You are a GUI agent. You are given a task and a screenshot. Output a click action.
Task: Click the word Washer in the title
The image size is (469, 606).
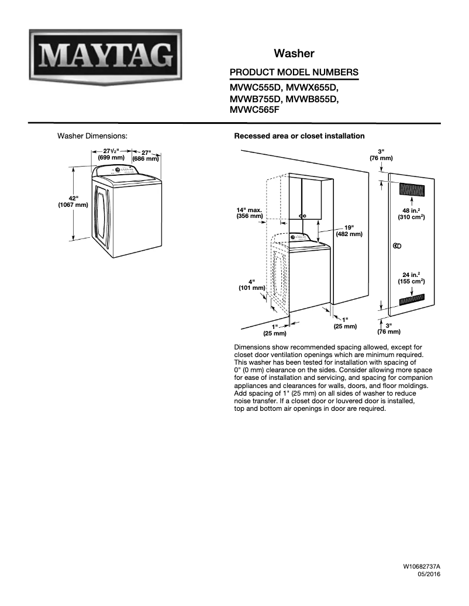294,54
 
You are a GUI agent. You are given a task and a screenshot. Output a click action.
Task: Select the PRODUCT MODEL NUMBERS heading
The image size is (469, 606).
294,72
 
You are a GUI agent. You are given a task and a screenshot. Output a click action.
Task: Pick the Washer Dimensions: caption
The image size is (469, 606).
92,136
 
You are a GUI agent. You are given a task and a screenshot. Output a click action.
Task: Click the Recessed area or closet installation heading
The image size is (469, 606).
299,136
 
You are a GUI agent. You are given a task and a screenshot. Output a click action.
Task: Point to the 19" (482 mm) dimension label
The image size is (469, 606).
349,230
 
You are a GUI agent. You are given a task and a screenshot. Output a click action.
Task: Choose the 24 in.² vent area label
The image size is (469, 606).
412,278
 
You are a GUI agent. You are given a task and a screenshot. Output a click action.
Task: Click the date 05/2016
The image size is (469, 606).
429,575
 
